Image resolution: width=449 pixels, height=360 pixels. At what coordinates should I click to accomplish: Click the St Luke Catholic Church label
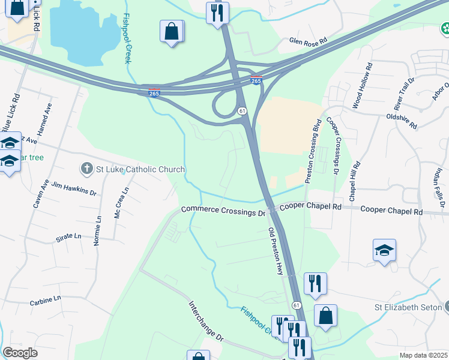click(133, 169)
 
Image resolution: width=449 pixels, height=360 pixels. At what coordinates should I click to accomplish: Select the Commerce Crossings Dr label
click(223, 211)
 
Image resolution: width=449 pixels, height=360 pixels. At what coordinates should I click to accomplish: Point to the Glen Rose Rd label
click(308, 41)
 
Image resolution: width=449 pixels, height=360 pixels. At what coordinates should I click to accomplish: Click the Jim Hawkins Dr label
click(74, 189)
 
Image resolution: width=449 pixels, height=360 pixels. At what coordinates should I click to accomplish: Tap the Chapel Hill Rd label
click(354, 181)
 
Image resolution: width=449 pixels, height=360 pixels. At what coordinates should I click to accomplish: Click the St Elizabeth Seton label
click(408, 308)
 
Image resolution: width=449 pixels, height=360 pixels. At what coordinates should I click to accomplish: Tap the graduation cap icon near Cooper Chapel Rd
click(384, 250)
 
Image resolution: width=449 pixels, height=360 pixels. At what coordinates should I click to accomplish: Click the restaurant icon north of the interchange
click(217, 13)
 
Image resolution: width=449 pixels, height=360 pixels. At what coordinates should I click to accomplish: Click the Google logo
click(20, 353)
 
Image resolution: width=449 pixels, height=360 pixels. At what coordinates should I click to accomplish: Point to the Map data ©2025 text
click(423, 355)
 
